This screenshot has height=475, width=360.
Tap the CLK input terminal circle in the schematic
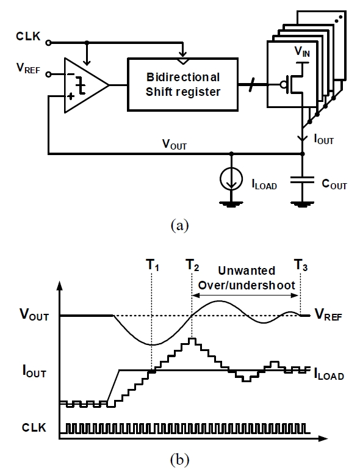tap(48, 43)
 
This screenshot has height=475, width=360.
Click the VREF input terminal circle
tap(48, 74)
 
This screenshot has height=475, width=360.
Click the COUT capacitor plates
tap(302, 180)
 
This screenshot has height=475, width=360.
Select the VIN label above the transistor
tap(302, 51)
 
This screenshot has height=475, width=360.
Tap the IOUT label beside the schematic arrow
tap(323, 139)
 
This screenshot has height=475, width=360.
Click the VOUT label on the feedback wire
tap(175, 144)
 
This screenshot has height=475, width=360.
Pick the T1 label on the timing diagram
tap(153, 265)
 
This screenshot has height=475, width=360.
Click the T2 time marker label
tap(192, 265)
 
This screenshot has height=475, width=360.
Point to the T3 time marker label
tap(301, 265)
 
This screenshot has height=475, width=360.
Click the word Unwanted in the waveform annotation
tap(247, 270)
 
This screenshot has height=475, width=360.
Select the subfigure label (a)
tap(179, 225)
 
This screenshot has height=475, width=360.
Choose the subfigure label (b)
tap(179, 460)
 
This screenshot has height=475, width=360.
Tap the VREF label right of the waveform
tap(328, 314)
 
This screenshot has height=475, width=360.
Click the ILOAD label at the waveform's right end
tap(329, 374)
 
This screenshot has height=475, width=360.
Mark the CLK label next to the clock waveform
tap(34, 428)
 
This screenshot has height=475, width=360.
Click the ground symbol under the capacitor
tap(302, 204)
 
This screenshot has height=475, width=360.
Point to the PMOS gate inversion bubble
tap(283, 84)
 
